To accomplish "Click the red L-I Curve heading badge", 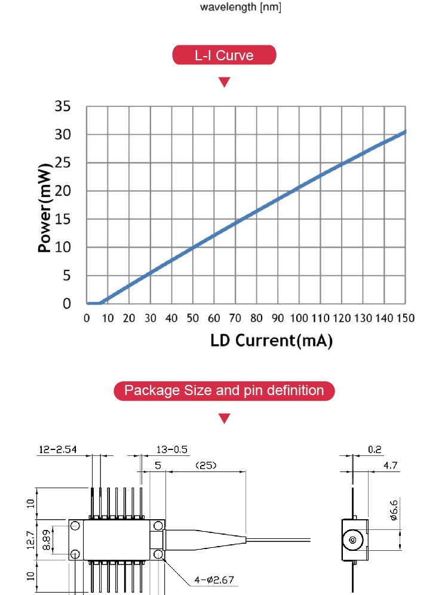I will point(224,56).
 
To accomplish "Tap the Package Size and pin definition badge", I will point(224,391).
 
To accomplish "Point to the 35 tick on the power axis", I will point(63,107).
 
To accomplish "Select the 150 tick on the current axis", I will point(406,318).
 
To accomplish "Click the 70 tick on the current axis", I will point(235,318).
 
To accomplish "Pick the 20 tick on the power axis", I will point(63,192).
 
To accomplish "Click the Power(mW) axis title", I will point(45,206).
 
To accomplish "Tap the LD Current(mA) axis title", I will point(271,341).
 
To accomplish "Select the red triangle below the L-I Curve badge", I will point(224,82).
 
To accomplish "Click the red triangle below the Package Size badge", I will point(224,418).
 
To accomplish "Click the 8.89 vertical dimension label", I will point(47,539).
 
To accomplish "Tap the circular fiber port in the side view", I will point(352,541).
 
